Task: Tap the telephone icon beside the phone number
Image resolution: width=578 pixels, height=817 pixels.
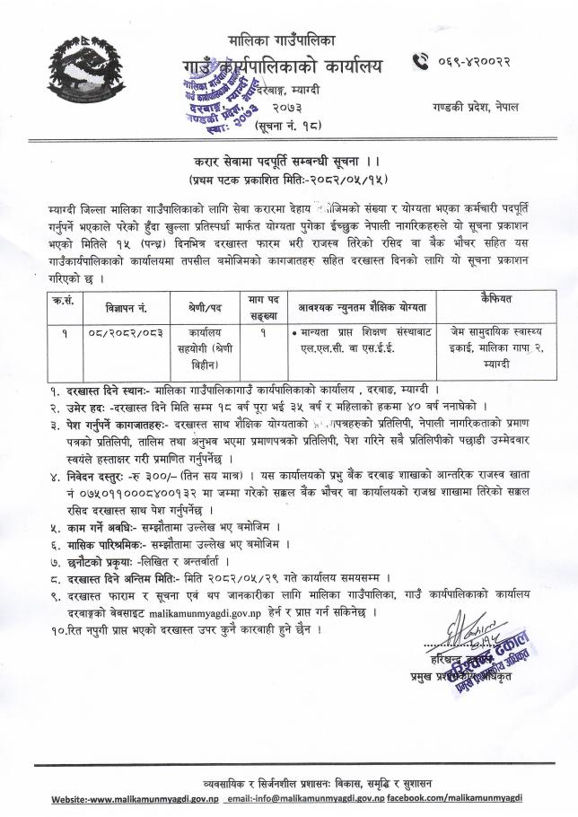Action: (x=419, y=62)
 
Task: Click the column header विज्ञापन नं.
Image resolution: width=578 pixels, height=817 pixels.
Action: (x=118, y=304)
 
